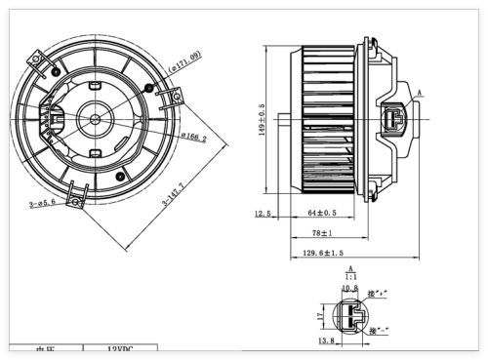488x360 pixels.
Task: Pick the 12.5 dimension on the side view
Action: coord(263,214)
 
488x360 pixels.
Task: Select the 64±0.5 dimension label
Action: coord(322,213)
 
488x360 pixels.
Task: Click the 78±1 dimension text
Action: coord(323,233)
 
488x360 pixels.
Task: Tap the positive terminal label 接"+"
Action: coord(379,292)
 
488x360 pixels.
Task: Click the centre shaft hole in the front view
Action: coord(95,119)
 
